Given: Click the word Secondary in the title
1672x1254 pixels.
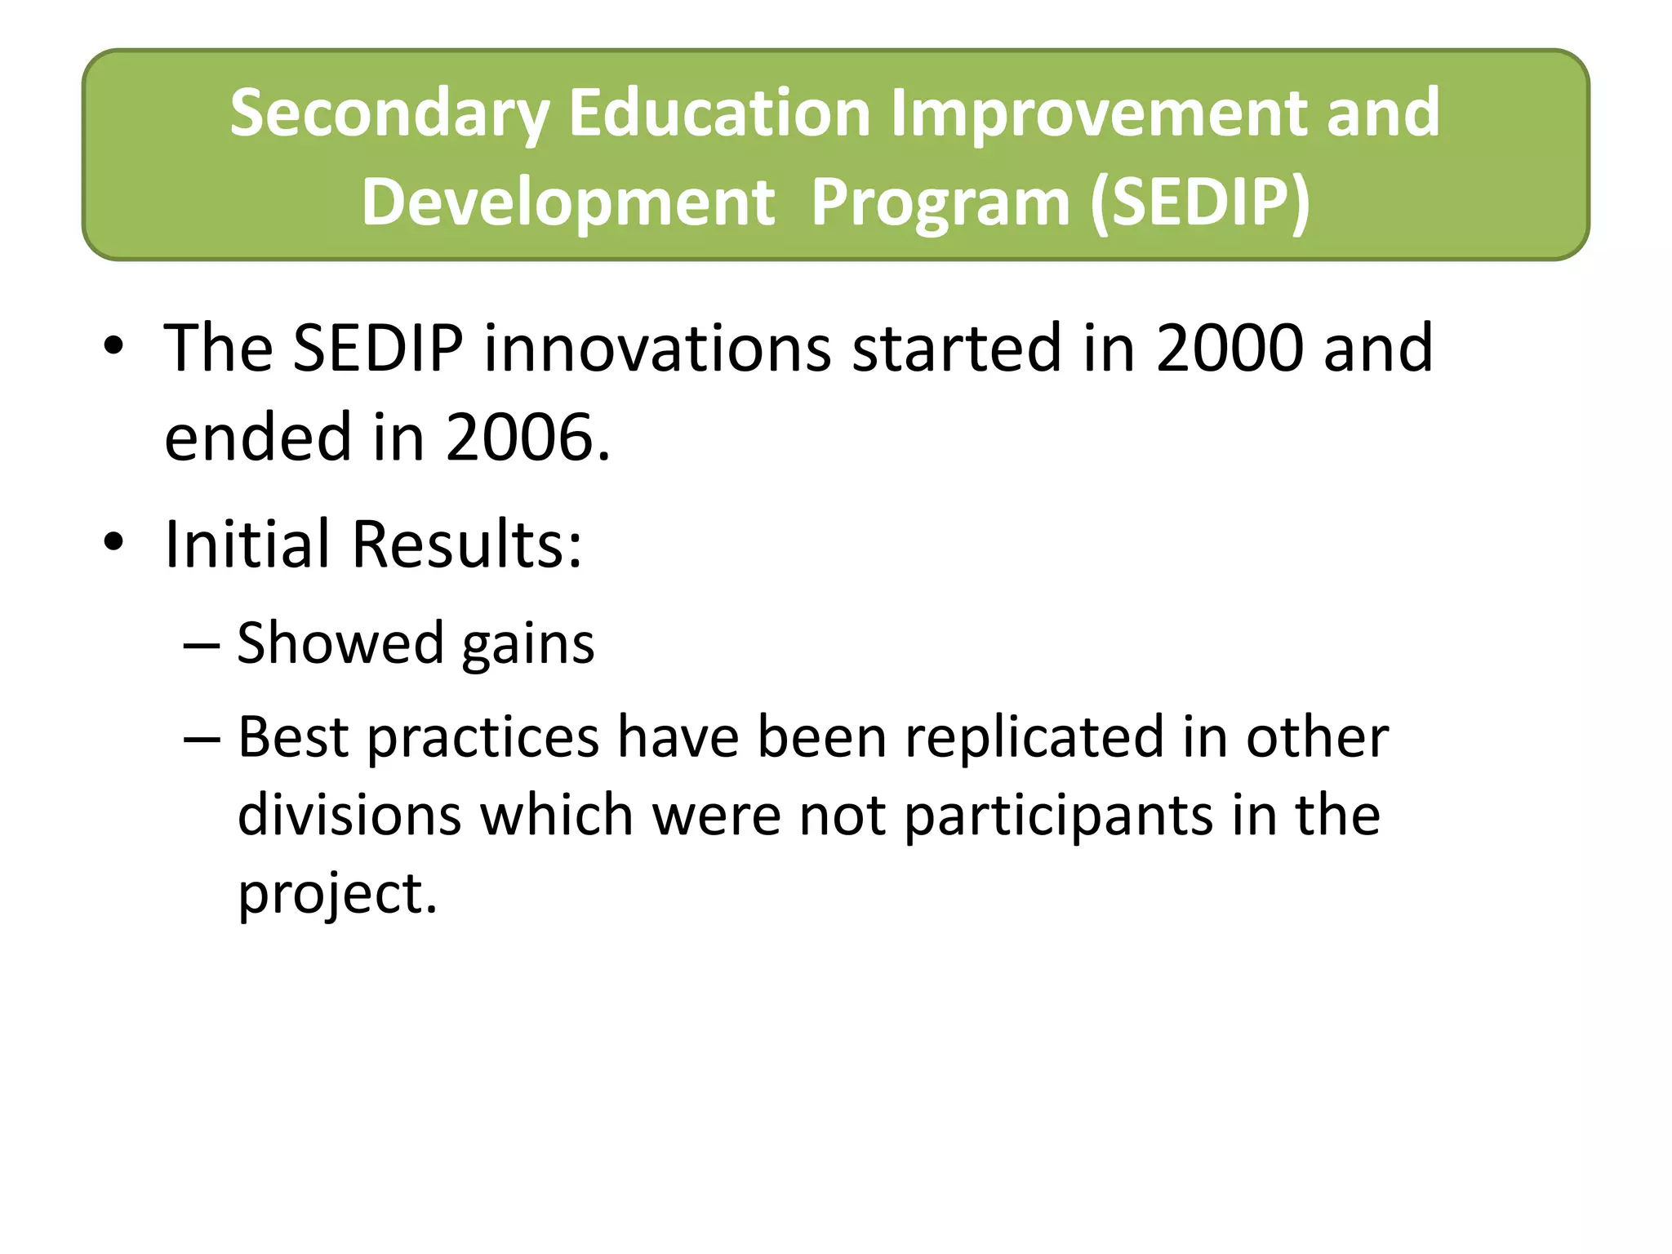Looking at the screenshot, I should (389, 113).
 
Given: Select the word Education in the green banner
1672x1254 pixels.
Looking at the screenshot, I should (720, 113).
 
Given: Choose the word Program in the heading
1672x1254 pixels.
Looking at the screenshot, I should (940, 204).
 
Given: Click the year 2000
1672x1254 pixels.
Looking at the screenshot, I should (1225, 348).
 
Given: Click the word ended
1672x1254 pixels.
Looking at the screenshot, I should (259, 438).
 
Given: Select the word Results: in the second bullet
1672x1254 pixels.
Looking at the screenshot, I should (467, 544).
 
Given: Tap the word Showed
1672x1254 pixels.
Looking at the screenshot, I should (340, 643).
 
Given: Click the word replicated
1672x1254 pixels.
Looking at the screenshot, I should (1034, 736).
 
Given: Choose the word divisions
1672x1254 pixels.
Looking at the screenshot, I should (349, 815).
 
